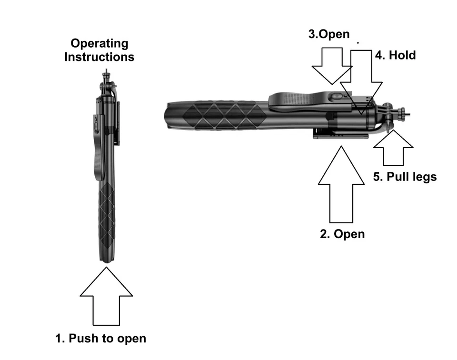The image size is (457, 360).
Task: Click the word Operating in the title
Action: coord(99,44)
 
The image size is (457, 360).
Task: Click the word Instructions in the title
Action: coord(99,57)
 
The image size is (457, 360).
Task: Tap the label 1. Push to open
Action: coord(101,339)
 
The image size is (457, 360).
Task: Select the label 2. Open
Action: coord(342,234)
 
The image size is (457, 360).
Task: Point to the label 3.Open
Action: coord(329,34)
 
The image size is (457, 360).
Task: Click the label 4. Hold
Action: coord(395,55)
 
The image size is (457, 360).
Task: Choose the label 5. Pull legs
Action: coord(405,177)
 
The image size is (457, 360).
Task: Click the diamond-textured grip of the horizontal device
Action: coord(224,116)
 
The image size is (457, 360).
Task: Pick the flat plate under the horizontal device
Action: coord(340,136)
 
